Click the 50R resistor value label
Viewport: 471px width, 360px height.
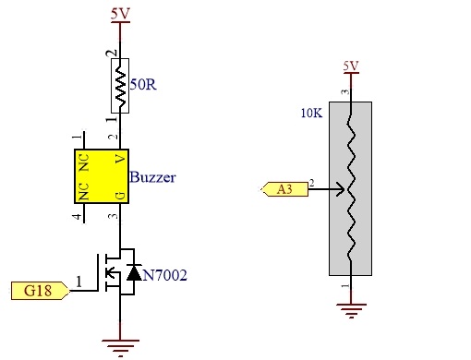(143, 84)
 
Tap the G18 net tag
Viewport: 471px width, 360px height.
(41, 291)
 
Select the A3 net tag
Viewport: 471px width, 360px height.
(284, 189)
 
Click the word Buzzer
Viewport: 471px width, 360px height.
(152, 177)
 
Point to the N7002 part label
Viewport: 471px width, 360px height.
(165, 275)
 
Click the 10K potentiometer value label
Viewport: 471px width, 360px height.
(311, 114)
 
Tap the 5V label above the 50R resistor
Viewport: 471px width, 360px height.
(120, 14)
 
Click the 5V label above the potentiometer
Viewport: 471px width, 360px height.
(351, 66)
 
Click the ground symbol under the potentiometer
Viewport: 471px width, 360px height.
(351, 310)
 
